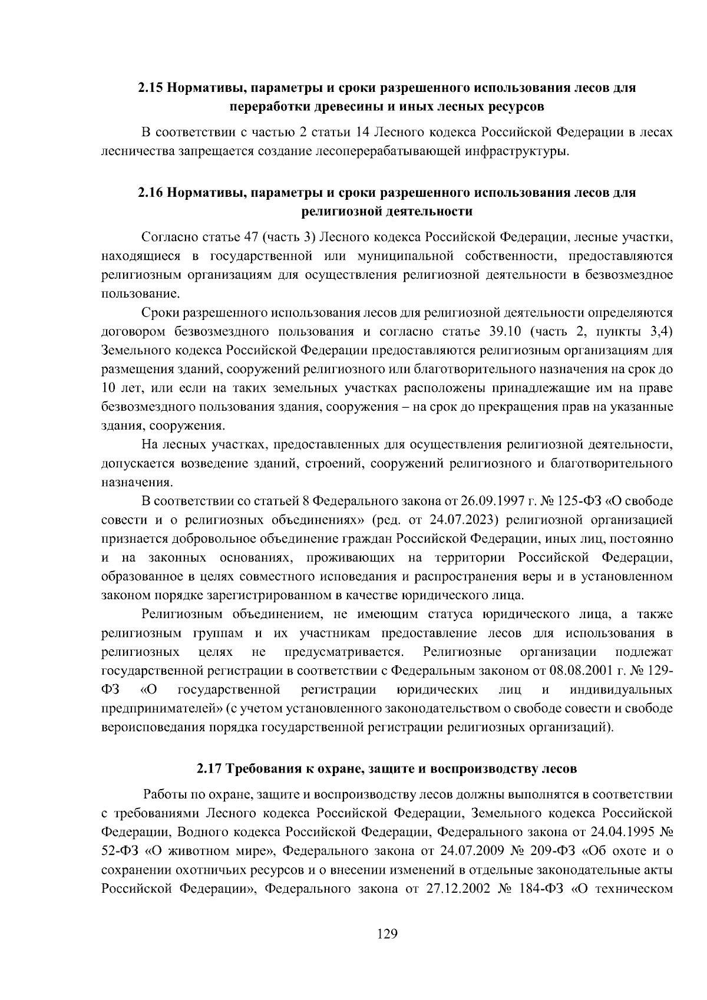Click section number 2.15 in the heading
[150, 88]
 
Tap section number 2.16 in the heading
[150, 193]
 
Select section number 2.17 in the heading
[209, 769]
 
